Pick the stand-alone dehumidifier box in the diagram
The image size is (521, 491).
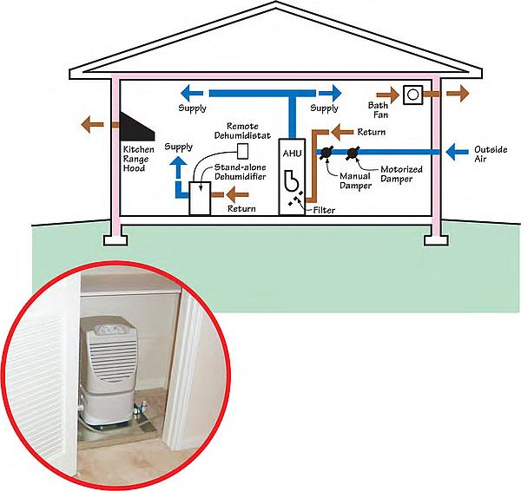click(200, 202)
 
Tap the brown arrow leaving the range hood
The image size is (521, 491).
click(89, 124)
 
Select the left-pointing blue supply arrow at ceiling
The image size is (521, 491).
click(193, 92)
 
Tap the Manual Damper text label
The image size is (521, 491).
click(332, 180)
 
